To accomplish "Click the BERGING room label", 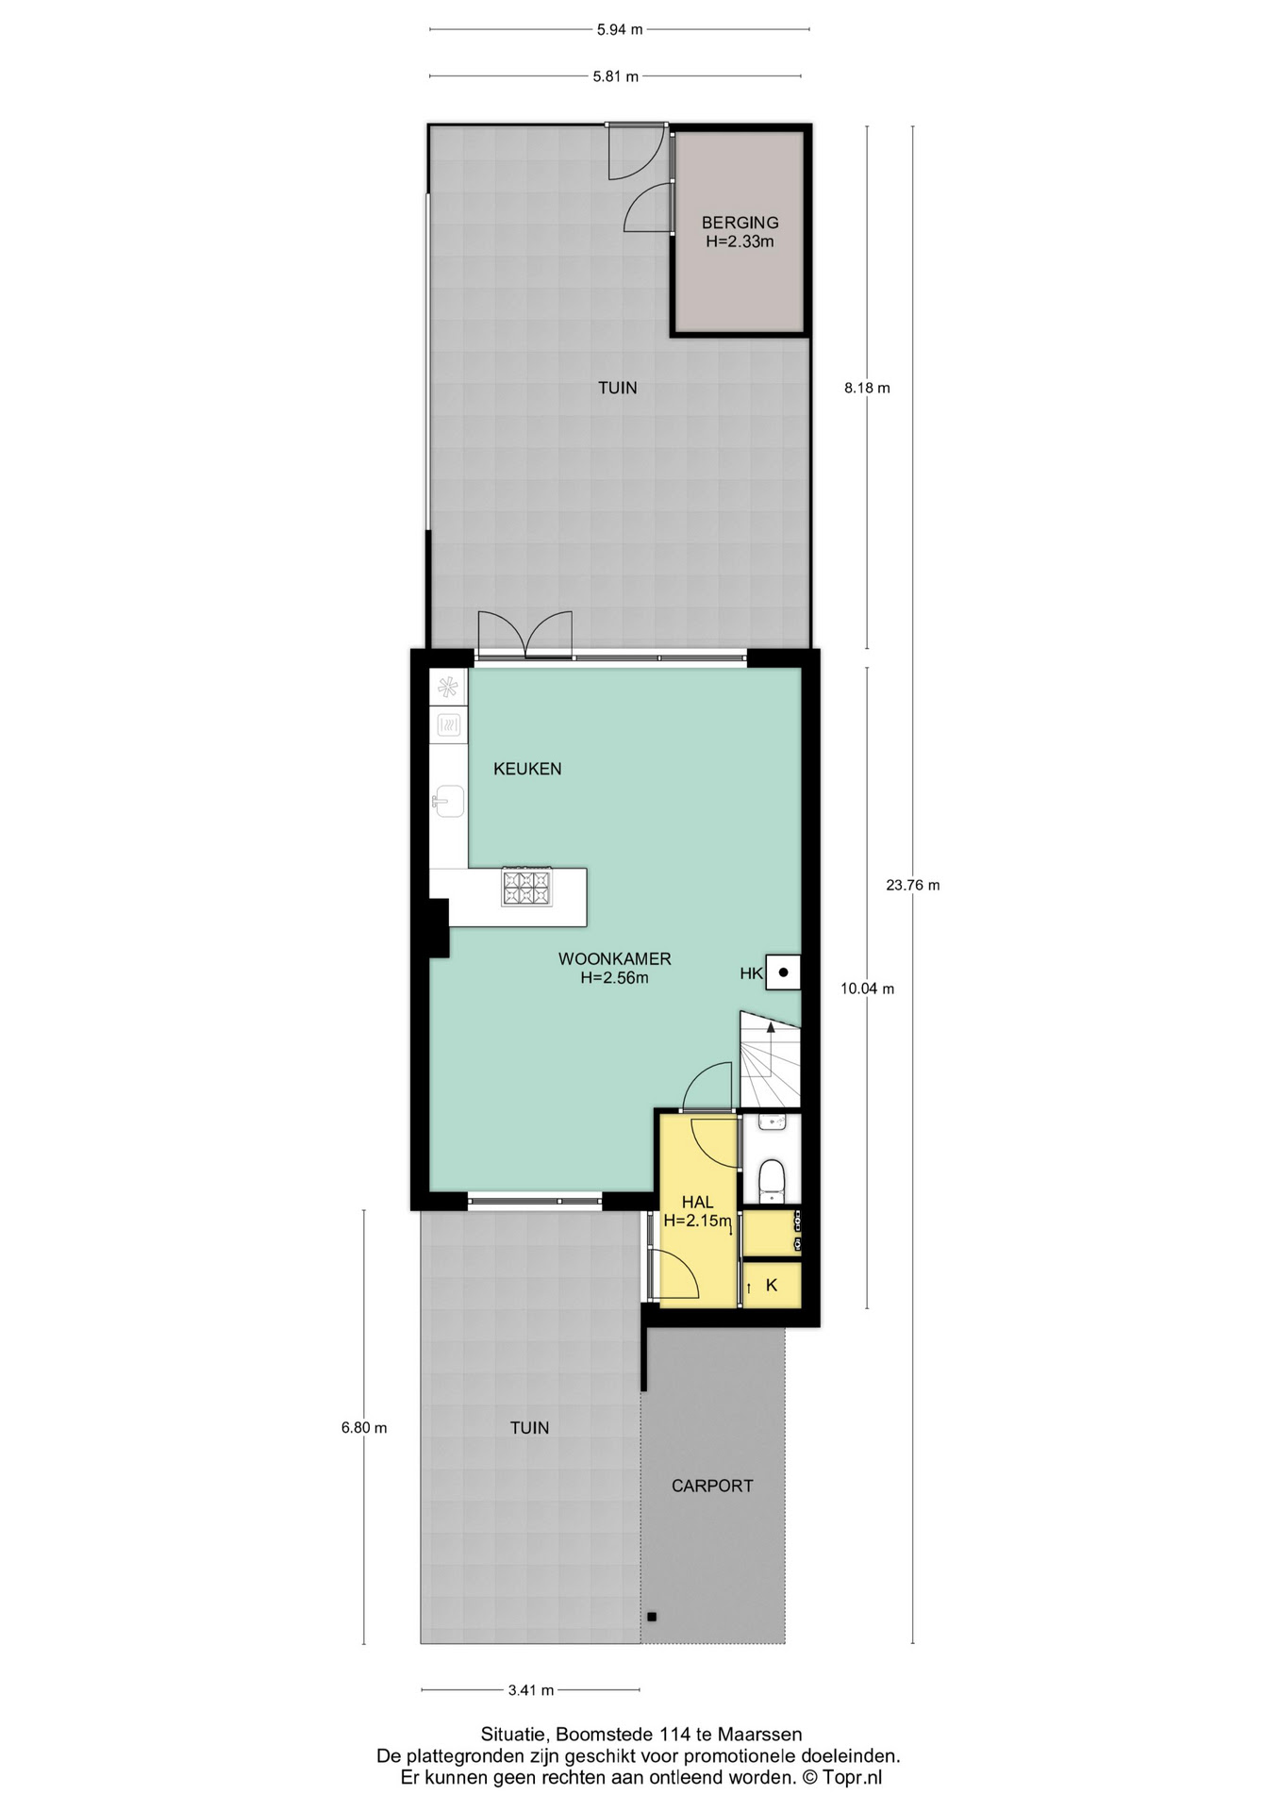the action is pos(740,223).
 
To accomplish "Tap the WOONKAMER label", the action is pos(614,959).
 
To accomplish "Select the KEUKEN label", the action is pos(527,769).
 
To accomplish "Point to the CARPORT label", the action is pos(712,1486).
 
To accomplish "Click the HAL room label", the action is pos(697,1203).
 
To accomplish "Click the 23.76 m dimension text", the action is pos(913,885).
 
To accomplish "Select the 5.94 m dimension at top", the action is pos(620,29).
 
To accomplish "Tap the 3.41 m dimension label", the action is pos(531,1690).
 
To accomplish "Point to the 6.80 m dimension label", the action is pos(364,1427).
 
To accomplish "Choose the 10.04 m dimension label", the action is pos(868,989).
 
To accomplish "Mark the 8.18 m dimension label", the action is pos(867,388).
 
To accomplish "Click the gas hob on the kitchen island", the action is pos(526,888).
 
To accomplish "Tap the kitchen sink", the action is pos(449,802).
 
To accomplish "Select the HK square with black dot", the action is pos(783,972).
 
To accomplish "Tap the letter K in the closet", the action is pos(772,1285).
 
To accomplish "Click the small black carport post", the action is pos(651,1617).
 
